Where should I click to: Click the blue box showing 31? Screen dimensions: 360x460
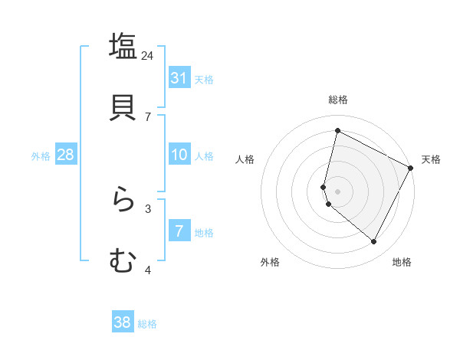[x=179, y=77]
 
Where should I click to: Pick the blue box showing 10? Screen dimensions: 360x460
[x=179, y=155]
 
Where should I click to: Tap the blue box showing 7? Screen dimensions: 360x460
[x=179, y=231]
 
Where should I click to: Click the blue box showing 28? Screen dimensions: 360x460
[x=65, y=155]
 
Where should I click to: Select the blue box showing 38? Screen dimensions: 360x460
[x=123, y=322]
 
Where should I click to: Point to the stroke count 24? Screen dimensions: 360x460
[x=147, y=55]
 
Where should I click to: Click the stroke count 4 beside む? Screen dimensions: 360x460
[x=148, y=270]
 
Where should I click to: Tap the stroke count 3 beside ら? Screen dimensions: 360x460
[x=148, y=208]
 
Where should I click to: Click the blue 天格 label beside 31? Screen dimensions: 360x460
[x=204, y=79]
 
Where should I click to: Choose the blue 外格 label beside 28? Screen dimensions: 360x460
[x=41, y=156]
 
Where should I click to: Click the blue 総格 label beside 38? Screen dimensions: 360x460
[x=147, y=324]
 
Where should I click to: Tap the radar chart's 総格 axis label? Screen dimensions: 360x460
[x=338, y=100]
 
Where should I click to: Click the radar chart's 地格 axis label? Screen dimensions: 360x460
[x=402, y=263]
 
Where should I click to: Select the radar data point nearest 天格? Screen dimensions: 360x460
[x=411, y=168]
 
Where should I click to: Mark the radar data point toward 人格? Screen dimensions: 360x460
[x=324, y=187]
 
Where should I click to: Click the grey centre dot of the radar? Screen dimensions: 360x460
[x=338, y=191]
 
